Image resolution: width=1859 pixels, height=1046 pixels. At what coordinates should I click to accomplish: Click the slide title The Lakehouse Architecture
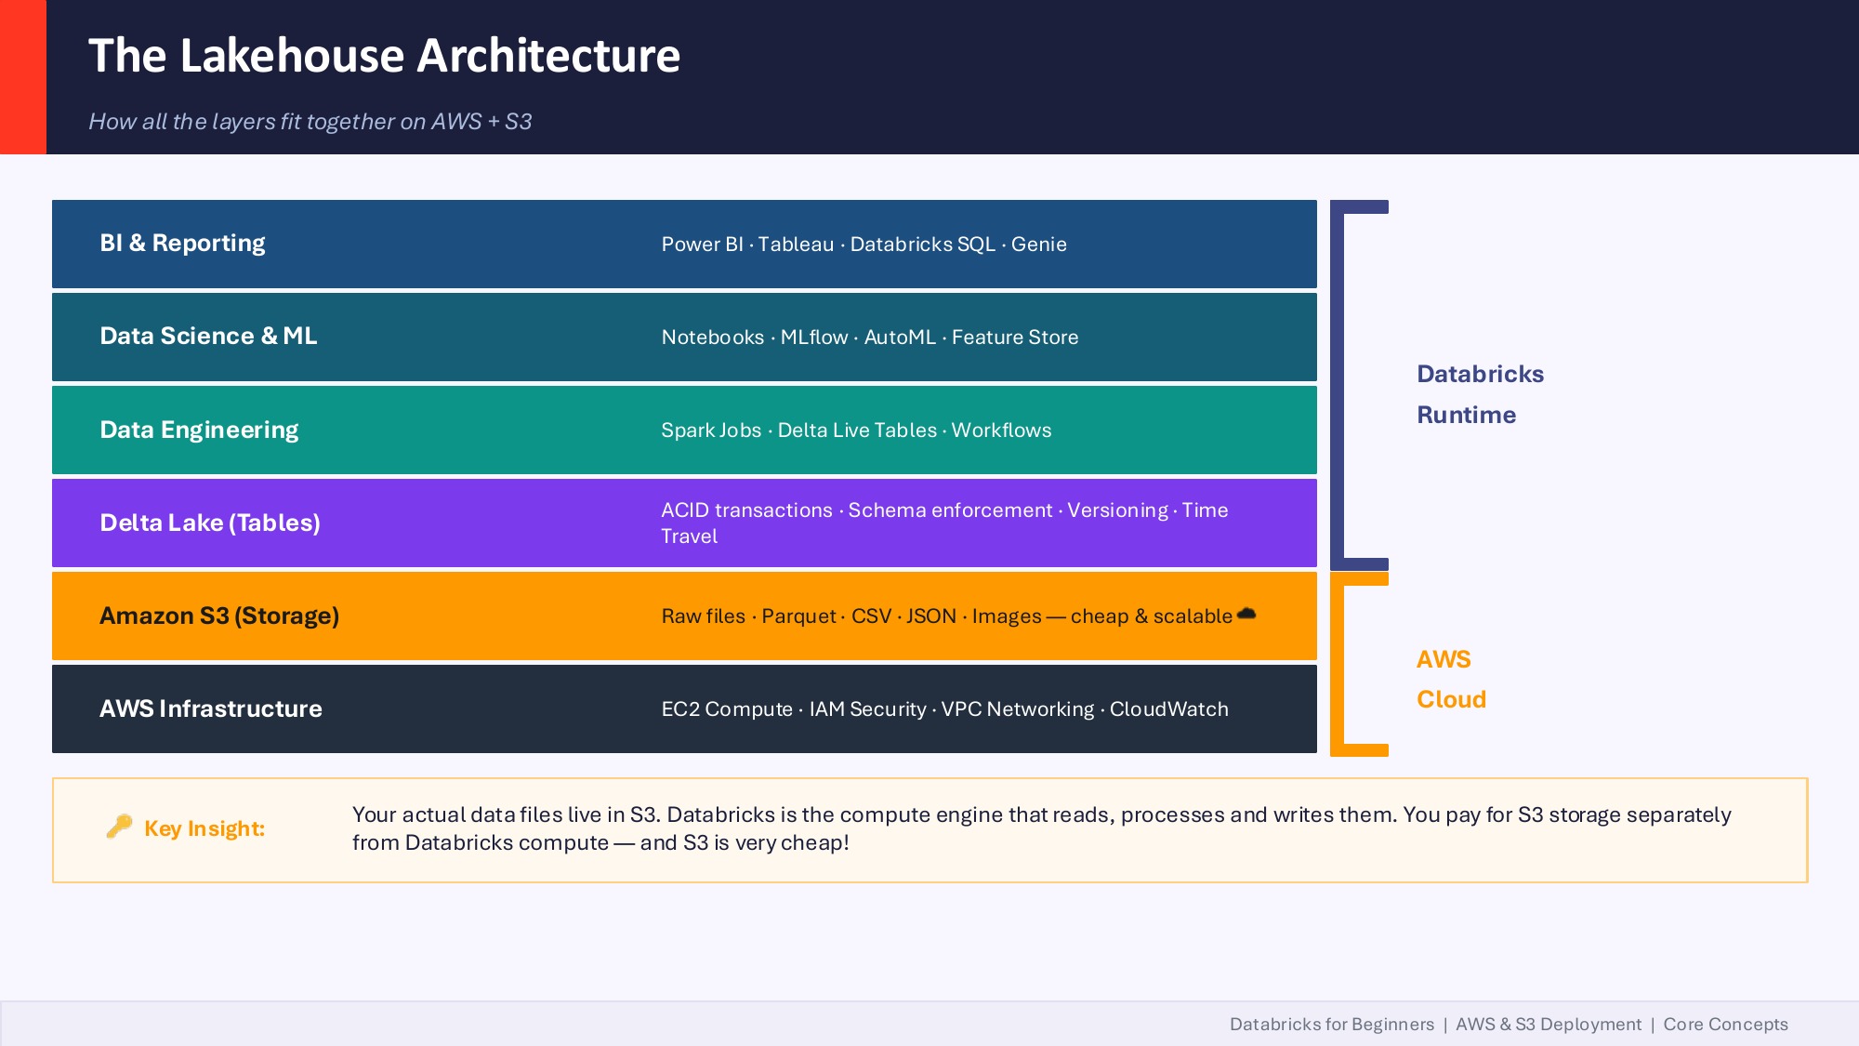[x=384, y=56]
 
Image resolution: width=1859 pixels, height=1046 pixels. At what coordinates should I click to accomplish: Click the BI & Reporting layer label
[x=182, y=244]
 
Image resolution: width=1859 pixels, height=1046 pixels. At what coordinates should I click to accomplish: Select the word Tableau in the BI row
[x=796, y=245]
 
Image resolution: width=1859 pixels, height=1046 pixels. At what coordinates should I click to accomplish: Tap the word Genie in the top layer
[x=1038, y=245]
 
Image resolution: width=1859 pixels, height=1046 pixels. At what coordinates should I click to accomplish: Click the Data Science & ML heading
[x=208, y=337]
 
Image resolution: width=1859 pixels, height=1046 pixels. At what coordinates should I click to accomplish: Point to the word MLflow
[x=814, y=338]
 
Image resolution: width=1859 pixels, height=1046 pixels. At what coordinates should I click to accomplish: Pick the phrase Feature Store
[x=1014, y=338]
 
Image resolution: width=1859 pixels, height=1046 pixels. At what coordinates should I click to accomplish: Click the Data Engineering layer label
[x=199, y=430]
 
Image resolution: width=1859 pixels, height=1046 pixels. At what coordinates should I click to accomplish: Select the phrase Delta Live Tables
[x=857, y=430]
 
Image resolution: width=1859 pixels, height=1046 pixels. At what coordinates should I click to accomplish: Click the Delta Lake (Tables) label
[x=210, y=523]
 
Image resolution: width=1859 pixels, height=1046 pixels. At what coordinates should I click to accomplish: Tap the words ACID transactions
[x=746, y=510]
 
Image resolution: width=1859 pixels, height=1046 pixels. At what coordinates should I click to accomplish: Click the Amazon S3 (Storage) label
[x=219, y=616]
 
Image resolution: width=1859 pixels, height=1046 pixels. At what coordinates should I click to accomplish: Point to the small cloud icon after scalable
[x=1246, y=614]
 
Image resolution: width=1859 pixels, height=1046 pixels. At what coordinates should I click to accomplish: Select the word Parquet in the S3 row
[x=798, y=616]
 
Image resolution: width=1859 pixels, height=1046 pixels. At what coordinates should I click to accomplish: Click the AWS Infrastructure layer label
[x=211, y=709]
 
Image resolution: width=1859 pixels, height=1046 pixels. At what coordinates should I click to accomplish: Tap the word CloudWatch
[x=1168, y=709]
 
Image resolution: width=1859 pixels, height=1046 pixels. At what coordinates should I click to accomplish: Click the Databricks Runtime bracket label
[x=1479, y=394]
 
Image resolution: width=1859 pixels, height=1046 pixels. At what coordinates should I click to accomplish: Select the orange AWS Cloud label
[x=1450, y=680]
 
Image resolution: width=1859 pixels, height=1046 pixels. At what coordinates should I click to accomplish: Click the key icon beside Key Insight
[x=119, y=827]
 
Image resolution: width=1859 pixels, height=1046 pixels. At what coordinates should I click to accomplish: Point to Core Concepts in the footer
[x=1725, y=1025]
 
